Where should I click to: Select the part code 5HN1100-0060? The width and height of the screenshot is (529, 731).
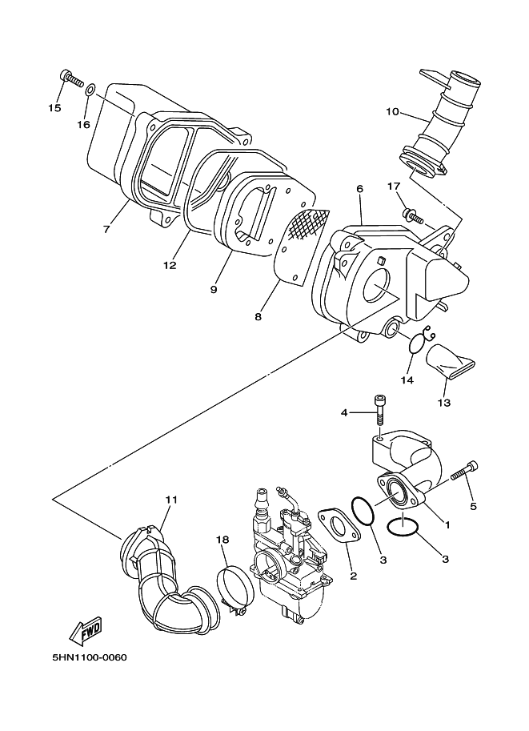[90, 657]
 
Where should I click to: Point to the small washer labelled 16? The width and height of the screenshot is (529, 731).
[91, 89]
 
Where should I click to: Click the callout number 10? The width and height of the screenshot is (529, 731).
[392, 112]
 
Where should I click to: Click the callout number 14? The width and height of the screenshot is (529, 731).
[407, 380]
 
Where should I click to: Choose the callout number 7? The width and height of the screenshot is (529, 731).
[106, 229]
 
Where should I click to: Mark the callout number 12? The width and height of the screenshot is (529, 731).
[170, 265]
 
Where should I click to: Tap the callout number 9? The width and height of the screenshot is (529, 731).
[214, 290]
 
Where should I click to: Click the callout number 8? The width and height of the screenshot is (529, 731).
[258, 316]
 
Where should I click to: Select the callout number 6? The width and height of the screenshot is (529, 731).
[359, 189]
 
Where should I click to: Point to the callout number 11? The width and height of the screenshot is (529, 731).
[171, 500]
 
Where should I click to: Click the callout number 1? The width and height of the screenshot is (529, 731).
[447, 524]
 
